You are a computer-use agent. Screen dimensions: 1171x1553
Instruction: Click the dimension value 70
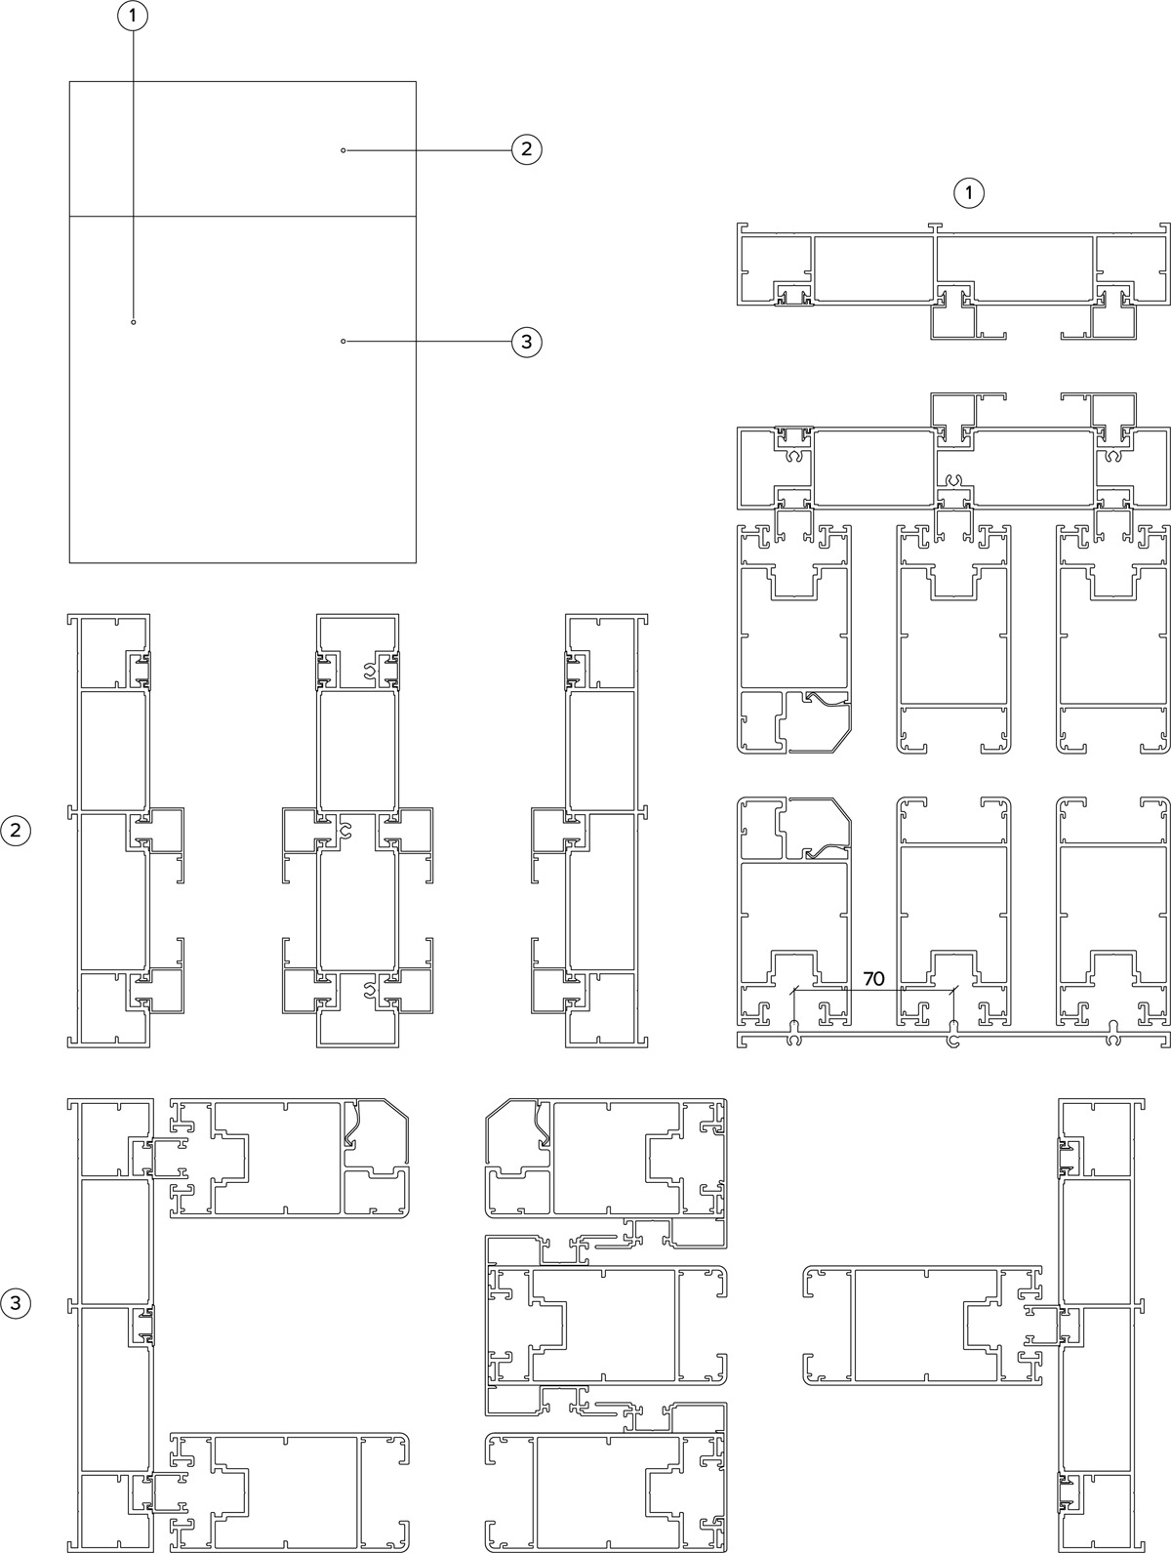[874, 978]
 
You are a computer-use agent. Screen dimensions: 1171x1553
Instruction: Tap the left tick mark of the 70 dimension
[794, 991]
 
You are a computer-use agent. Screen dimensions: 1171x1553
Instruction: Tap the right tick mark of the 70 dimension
[954, 991]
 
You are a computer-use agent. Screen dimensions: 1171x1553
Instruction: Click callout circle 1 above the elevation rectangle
[133, 17]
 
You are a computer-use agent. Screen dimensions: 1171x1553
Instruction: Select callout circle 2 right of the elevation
[527, 149]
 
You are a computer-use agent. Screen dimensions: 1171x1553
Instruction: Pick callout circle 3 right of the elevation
[527, 343]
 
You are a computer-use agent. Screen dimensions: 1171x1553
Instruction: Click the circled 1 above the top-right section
[969, 192]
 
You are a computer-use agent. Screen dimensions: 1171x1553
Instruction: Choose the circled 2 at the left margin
[16, 831]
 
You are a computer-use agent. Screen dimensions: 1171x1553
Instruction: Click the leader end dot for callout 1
[134, 322]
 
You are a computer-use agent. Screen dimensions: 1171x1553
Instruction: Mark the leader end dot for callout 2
[343, 150]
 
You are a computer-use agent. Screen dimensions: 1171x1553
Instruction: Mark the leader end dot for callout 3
[343, 341]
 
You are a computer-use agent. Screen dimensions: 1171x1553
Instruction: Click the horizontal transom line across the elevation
[243, 216]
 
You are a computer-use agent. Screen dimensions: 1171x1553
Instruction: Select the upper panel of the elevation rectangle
[243, 148]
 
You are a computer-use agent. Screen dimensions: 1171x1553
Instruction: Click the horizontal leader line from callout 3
[428, 342]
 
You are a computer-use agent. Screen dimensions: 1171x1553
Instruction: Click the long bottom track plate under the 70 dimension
[953, 1040]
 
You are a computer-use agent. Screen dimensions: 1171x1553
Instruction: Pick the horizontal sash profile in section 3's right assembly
[923, 1326]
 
